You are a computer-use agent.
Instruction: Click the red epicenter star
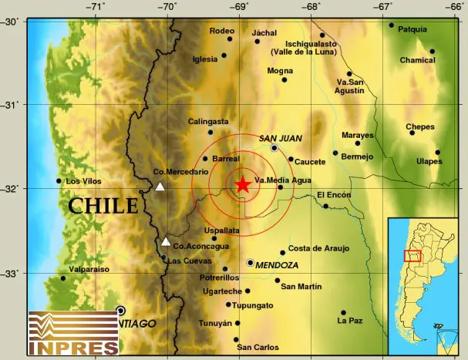tap(242, 183)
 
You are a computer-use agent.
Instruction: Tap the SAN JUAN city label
tap(280, 138)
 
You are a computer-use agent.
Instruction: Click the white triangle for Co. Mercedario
tap(160, 186)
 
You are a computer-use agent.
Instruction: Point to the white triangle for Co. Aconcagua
tap(166, 241)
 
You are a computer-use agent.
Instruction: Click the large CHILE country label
tap(103, 205)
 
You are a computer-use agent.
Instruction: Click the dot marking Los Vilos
tap(59, 181)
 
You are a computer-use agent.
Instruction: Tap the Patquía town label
tap(414, 29)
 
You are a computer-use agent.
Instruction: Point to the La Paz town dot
tap(343, 313)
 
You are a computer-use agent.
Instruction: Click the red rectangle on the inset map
tap(412, 256)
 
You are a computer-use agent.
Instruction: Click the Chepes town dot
tap(412, 133)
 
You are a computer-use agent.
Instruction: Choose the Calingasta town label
tap(208, 121)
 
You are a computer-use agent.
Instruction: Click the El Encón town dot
tap(326, 206)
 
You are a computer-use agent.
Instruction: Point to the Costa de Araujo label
tap(319, 247)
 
